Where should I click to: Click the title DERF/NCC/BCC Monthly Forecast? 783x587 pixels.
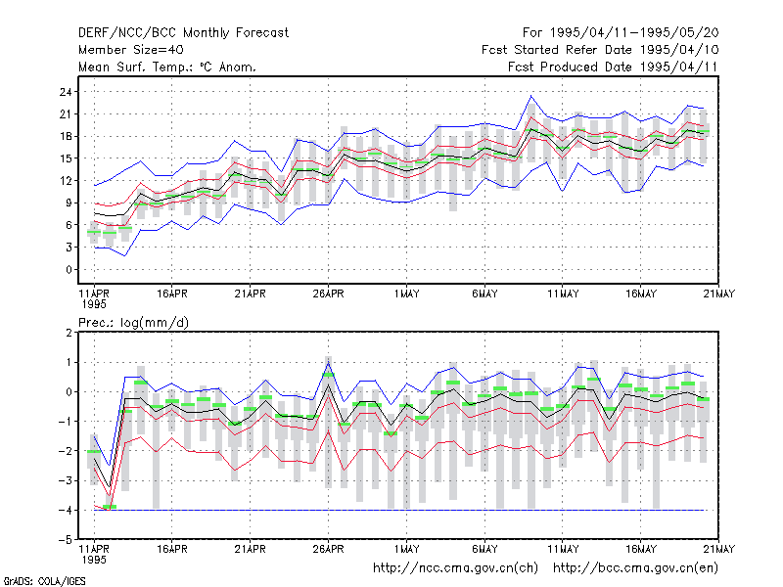click(x=183, y=33)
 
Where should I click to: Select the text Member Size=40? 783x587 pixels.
click(x=131, y=50)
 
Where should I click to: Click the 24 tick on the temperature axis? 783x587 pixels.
click(x=66, y=92)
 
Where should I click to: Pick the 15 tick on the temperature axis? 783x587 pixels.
click(x=66, y=158)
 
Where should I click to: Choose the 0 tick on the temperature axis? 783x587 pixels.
click(x=69, y=270)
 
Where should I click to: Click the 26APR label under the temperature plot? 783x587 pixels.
click(x=329, y=293)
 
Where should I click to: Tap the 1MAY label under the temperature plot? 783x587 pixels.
click(x=406, y=293)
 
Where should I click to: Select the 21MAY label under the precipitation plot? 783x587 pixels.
click(x=718, y=549)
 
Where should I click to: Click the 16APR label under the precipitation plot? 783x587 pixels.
click(x=172, y=549)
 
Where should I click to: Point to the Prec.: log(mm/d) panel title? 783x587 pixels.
click(x=133, y=323)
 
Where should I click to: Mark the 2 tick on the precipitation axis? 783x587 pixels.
click(x=69, y=333)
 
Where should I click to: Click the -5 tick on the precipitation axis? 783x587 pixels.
click(x=66, y=540)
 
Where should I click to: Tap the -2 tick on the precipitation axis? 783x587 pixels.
click(x=66, y=451)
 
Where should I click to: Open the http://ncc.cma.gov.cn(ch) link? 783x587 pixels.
click(x=455, y=568)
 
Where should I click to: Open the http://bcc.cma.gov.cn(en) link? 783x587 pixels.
click(x=635, y=568)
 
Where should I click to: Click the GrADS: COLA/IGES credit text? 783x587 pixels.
click(x=44, y=581)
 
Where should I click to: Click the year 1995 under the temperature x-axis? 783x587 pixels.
click(x=94, y=304)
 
